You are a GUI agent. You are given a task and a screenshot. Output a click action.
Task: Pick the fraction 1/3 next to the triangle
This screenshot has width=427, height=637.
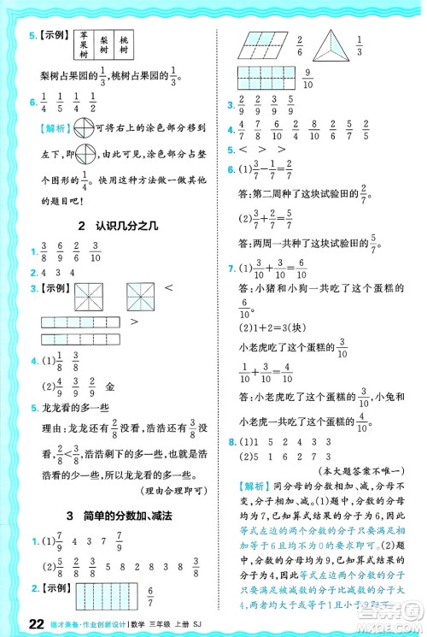point(360,44)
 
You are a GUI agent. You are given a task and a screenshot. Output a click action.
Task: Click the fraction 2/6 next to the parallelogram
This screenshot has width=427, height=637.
point(299,44)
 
